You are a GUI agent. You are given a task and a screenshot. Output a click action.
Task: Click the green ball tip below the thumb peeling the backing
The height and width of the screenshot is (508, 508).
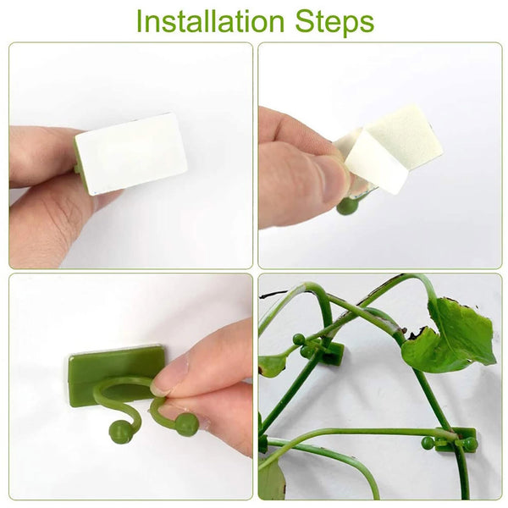point(346,206)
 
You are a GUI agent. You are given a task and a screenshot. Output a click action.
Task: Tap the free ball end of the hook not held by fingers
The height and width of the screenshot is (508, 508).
point(121,432)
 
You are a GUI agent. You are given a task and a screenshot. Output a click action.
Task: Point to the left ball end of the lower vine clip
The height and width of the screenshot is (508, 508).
point(428,443)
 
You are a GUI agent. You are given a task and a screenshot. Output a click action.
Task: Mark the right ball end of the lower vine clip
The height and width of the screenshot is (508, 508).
point(471,444)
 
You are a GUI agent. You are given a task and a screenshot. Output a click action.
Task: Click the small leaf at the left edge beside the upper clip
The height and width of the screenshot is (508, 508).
point(273,365)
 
